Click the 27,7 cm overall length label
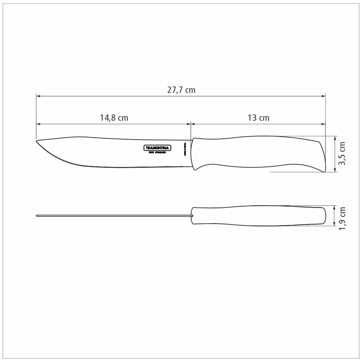click(181, 90)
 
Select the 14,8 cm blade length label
click(114, 118)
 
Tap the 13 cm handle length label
click(258, 118)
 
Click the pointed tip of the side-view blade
click(37, 141)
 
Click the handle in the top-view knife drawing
click(257, 216)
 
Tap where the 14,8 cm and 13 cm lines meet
click(191, 124)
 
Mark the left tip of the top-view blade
click(37, 216)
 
